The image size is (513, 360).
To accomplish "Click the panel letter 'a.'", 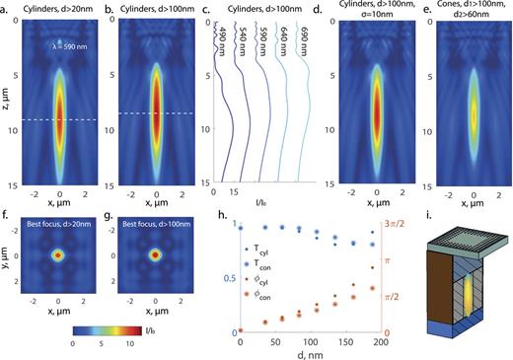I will [x=7, y=8].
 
